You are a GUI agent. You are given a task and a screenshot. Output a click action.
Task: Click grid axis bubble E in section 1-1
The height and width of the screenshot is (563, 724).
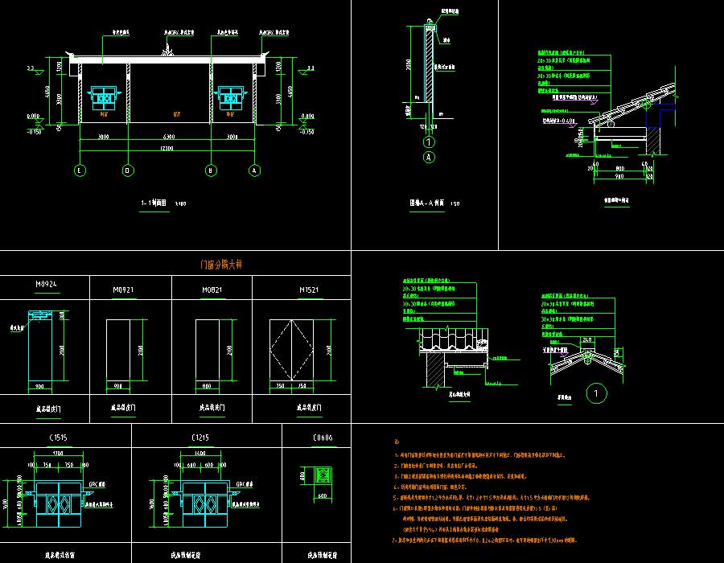(x=80, y=171)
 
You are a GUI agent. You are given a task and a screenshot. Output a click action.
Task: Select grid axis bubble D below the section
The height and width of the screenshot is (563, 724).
(x=128, y=171)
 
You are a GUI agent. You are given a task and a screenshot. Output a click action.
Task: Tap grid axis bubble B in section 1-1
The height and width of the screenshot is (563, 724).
(x=211, y=171)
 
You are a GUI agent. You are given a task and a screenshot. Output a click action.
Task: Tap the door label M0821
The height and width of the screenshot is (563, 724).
(x=212, y=290)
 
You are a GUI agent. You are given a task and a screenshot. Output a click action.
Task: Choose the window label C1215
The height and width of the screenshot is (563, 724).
(x=201, y=437)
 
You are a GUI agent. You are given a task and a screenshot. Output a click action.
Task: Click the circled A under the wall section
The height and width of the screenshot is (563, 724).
(x=429, y=158)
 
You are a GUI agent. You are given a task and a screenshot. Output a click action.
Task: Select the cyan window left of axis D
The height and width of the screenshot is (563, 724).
(x=104, y=97)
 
